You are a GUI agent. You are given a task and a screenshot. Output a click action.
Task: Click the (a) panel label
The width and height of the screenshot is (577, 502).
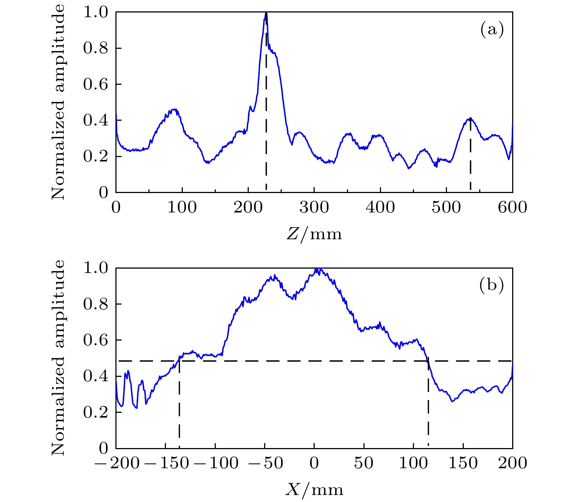point(492,29)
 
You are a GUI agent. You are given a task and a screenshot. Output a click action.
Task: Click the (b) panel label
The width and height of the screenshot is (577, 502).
point(492,285)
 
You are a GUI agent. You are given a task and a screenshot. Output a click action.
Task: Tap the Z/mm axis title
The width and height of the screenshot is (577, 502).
point(314,234)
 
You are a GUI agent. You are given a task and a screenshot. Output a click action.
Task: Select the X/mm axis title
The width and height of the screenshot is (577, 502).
point(314,490)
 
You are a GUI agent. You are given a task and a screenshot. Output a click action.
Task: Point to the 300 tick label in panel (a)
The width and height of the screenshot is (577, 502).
point(314,208)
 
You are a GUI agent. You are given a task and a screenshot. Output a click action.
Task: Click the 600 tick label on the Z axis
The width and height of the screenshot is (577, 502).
point(512,208)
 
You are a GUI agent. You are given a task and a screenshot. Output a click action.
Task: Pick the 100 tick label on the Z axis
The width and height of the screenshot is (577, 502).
point(182,208)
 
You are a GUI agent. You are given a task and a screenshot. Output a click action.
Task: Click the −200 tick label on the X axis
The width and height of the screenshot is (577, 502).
point(117,463)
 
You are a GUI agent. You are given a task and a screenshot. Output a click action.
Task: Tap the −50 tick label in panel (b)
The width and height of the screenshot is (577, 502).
point(265,463)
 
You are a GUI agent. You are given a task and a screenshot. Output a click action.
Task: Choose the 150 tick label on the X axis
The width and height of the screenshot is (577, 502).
point(463,463)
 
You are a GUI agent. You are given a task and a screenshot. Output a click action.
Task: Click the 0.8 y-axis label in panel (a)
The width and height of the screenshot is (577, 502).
point(96,48)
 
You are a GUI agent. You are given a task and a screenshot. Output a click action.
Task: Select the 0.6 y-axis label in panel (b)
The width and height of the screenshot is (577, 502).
point(96,340)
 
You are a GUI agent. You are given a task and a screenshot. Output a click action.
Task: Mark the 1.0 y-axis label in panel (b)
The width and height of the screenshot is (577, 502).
point(96,268)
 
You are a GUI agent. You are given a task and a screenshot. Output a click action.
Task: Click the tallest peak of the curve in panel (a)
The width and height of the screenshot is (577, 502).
point(266,13)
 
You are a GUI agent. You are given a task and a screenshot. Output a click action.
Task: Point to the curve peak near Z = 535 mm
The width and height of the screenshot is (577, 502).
point(470,119)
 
